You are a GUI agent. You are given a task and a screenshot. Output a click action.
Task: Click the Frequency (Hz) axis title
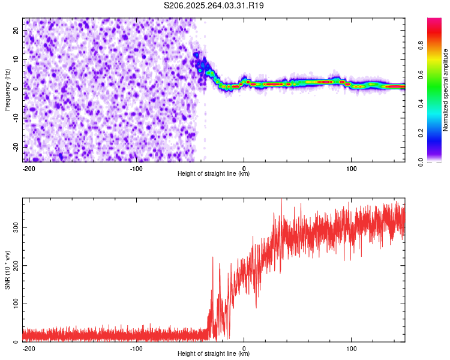(x=8, y=90)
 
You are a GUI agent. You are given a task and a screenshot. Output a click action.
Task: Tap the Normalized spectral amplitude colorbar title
(x=446, y=90)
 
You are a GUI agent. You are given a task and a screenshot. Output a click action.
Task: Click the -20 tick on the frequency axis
(x=15, y=146)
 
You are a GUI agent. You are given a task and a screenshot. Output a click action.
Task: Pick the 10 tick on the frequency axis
(x=16, y=59)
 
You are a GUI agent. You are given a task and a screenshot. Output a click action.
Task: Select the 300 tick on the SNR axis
(x=14, y=227)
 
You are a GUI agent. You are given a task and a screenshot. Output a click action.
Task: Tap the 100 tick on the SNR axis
(x=14, y=304)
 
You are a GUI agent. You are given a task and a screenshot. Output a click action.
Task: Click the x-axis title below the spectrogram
(x=214, y=174)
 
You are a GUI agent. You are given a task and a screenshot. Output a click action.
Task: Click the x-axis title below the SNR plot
(x=214, y=354)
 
